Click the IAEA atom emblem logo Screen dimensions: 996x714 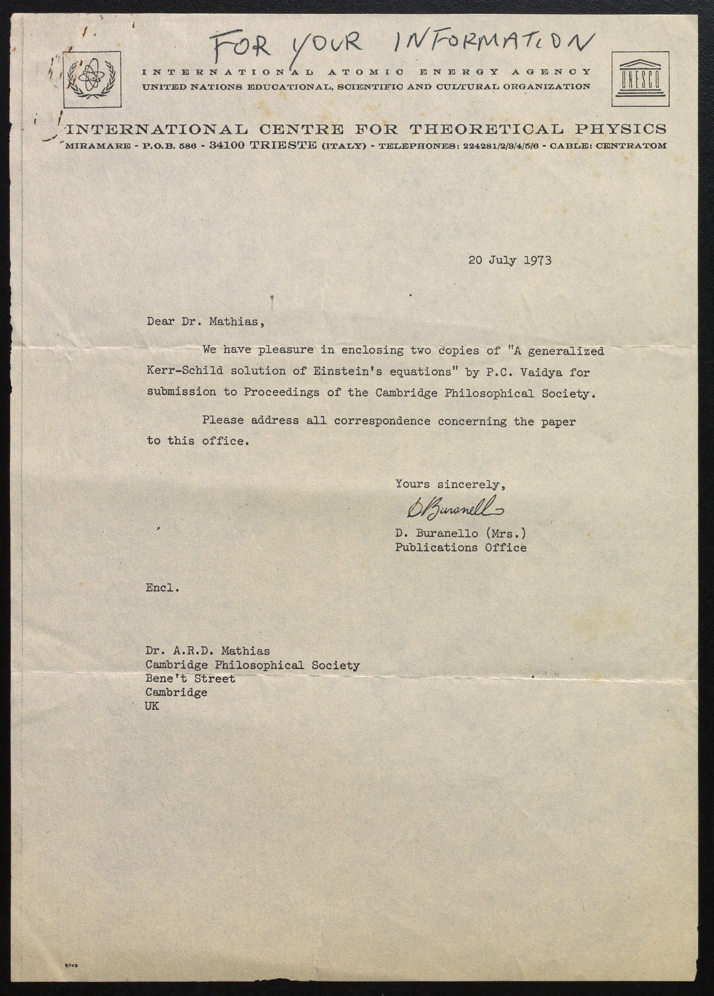click(92, 79)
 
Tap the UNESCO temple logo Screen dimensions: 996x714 click(640, 79)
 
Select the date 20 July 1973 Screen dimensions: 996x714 click(510, 260)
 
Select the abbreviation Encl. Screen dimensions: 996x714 click(162, 588)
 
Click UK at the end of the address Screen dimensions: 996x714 click(152, 706)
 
